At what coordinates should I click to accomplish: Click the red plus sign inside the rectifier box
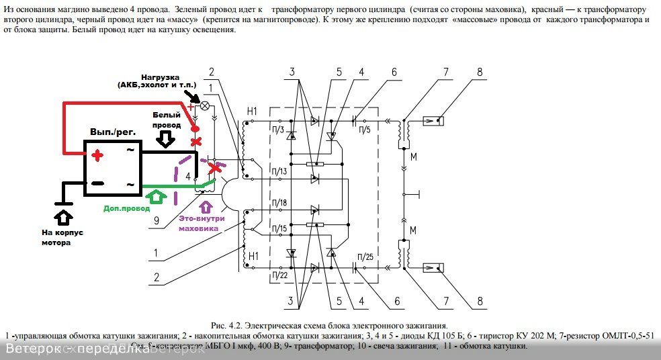point(98,156)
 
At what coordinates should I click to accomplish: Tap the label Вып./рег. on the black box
point(113,133)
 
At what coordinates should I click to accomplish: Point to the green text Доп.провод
point(126,208)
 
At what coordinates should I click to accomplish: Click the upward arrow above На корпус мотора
point(62,217)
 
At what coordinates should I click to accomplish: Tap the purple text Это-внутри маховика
point(200,223)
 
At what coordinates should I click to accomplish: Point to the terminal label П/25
point(366,257)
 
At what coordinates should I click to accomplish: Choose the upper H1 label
point(252,110)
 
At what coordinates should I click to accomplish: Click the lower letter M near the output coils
point(412,230)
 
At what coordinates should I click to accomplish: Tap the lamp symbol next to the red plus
point(207,107)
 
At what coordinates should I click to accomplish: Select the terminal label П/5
point(365,128)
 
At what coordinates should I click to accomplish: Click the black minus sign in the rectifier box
point(97,183)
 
